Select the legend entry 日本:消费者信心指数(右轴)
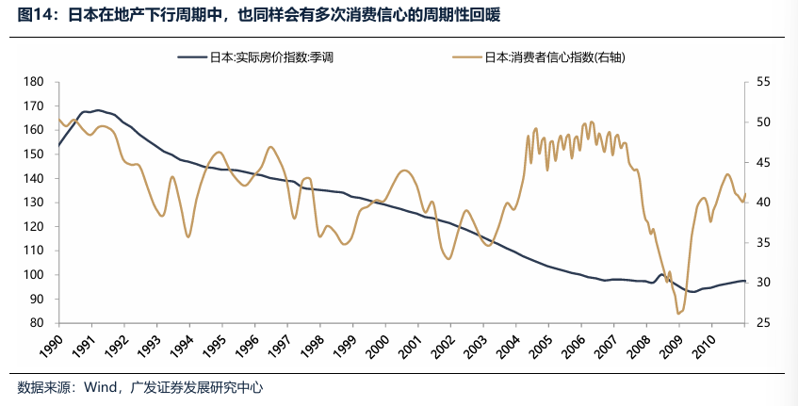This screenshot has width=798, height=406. [555, 57]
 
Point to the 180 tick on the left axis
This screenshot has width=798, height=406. [35, 83]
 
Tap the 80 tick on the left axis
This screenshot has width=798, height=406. [39, 323]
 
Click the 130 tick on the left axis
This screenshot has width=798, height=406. [35, 203]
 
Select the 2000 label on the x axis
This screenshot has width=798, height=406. [380, 346]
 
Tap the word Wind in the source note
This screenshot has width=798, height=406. [101, 387]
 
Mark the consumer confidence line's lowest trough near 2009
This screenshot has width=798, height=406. [677, 313]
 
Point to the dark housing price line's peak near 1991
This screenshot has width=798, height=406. [97, 110]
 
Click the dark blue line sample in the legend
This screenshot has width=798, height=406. [192, 57]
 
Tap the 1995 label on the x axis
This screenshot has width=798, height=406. [216, 346]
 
